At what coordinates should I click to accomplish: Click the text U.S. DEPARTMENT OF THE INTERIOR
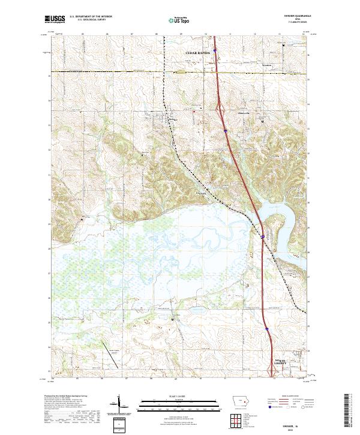click(91, 17)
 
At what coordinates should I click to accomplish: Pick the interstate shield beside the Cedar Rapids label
click(215, 52)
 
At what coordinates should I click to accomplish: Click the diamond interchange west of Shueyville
click(220, 109)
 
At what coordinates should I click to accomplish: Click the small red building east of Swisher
click(194, 110)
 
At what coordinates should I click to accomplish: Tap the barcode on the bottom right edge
click(346, 414)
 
